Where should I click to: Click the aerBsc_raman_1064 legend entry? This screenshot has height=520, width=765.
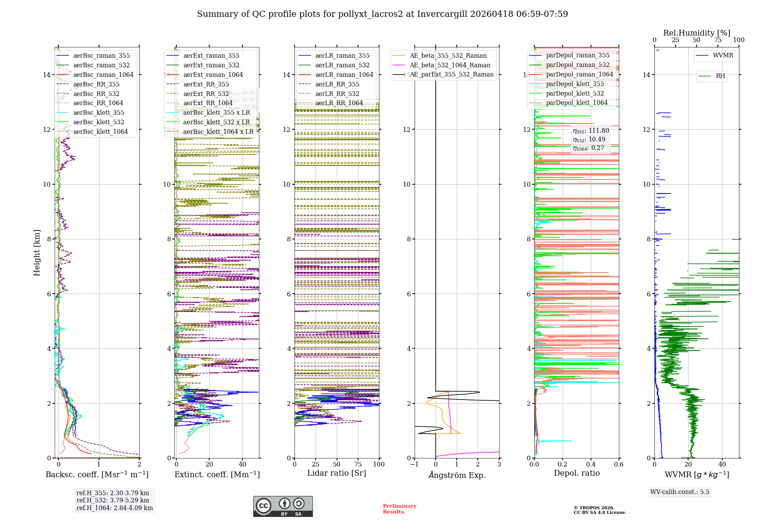(x=103, y=75)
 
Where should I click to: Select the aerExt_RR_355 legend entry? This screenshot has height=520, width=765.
(x=206, y=84)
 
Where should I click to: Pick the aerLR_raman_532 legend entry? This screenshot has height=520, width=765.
(x=342, y=65)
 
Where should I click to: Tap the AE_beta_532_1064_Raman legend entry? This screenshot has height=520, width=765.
(x=450, y=65)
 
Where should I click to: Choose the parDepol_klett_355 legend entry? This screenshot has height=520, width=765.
(x=575, y=84)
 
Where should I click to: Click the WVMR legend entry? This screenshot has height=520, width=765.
(x=723, y=55)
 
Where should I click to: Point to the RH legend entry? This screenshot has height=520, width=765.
(x=720, y=76)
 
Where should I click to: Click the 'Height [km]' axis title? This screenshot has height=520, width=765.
(x=37, y=252)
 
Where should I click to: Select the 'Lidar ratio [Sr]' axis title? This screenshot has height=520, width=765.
(x=337, y=473)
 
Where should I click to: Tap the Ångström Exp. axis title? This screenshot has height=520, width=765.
(x=457, y=475)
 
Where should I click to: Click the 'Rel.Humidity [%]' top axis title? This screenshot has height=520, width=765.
(x=697, y=33)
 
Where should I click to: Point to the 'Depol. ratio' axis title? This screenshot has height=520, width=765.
(x=576, y=473)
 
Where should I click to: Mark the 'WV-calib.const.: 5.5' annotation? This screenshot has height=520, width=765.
(x=680, y=492)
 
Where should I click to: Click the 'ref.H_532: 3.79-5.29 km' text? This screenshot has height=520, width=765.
(x=113, y=500)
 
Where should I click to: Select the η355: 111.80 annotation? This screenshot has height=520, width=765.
(x=591, y=131)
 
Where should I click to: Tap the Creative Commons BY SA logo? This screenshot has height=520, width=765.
(x=283, y=506)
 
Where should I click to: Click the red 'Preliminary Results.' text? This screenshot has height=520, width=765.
(x=399, y=509)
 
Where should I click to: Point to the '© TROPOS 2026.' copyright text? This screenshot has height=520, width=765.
(x=594, y=508)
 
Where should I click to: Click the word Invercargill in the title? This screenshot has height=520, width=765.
(x=442, y=14)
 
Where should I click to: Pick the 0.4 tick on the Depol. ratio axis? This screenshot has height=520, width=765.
(x=591, y=464)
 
